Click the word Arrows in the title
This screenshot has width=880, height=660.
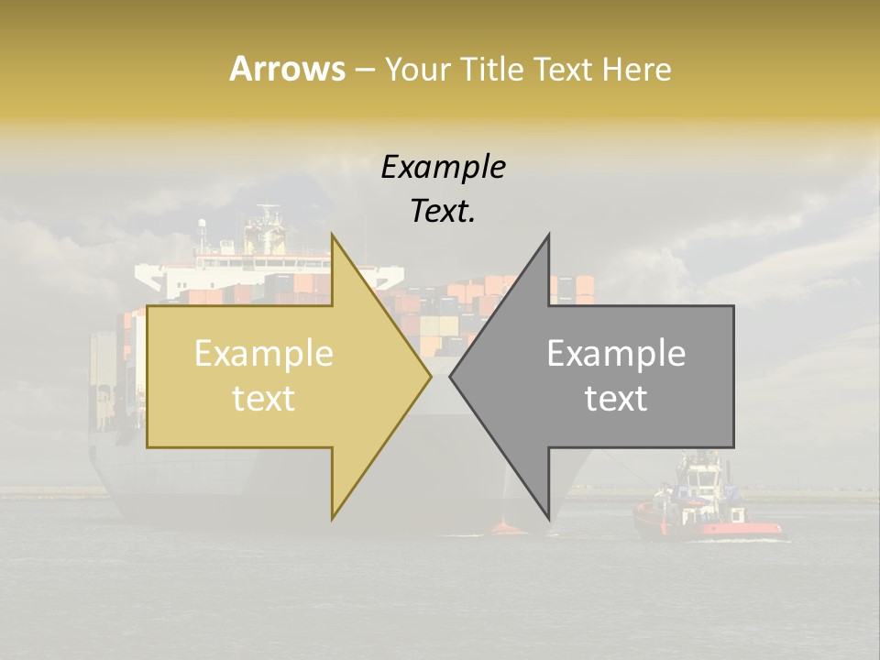[287, 69]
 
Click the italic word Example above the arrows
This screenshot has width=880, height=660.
[443, 168]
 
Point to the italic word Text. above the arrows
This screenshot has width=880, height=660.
[443, 211]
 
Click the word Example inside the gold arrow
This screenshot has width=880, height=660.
[263, 354]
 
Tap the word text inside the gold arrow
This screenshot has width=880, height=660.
[263, 399]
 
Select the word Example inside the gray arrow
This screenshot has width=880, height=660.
[616, 354]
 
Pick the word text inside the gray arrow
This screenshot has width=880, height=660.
[616, 399]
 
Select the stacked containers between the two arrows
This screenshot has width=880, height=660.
[440, 321]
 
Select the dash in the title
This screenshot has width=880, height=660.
[364, 69]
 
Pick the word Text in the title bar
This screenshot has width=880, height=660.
[564, 69]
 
